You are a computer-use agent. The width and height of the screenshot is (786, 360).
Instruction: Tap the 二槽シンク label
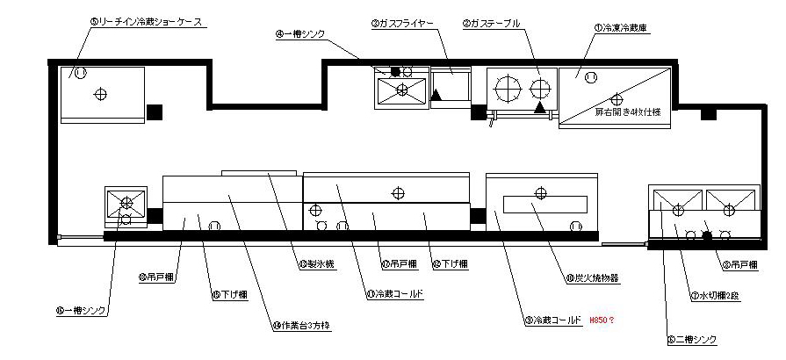(x=693, y=340)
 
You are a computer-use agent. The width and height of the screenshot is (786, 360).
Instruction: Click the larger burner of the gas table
(x=508, y=88)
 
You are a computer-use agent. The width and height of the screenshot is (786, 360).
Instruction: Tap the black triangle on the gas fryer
(x=436, y=95)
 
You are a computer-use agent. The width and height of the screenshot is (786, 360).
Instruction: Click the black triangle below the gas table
(x=540, y=107)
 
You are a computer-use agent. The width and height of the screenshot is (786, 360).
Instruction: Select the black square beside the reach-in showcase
(x=155, y=112)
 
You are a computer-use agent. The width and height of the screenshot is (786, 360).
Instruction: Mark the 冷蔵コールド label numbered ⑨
(x=552, y=320)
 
